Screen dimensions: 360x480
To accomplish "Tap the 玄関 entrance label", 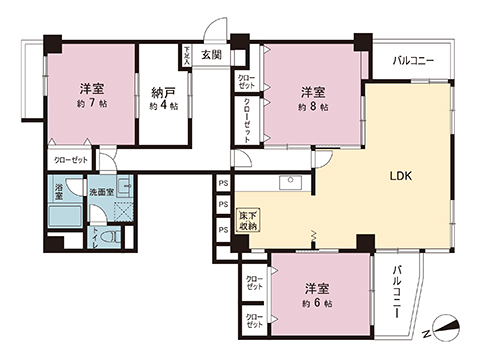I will (x=211, y=55).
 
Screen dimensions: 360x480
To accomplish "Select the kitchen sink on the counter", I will (x=291, y=182).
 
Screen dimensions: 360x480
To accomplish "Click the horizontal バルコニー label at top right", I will (x=413, y=62).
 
